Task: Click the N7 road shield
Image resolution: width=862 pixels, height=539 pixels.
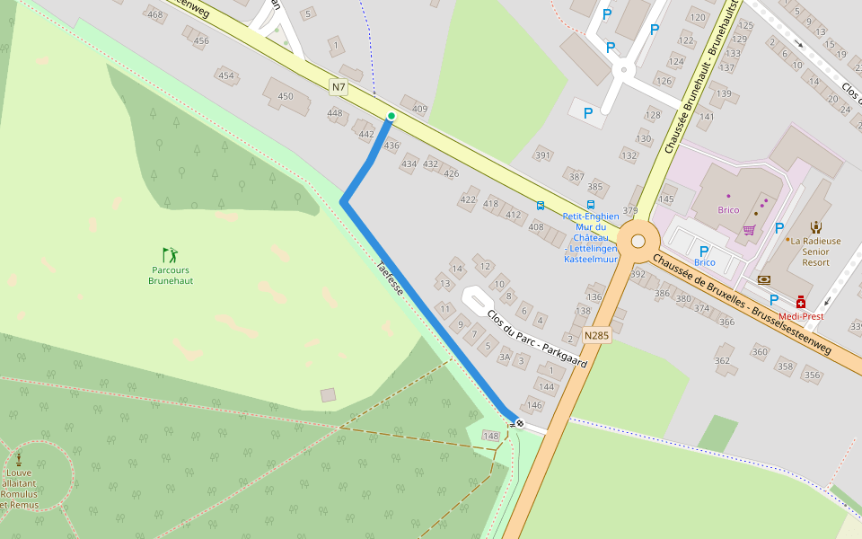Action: (x=338, y=87)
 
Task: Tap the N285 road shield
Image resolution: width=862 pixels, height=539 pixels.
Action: (x=596, y=335)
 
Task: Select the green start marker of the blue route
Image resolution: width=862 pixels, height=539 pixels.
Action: (x=391, y=117)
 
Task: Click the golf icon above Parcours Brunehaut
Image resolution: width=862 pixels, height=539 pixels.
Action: (x=170, y=255)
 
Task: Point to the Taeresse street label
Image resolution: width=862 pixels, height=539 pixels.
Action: (x=390, y=278)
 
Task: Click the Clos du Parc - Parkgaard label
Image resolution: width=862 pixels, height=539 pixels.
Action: (x=536, y=339)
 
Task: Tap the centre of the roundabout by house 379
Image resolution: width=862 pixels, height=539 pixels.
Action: (x=638, y=241)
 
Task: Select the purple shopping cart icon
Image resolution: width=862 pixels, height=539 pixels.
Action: (x=749, y=230)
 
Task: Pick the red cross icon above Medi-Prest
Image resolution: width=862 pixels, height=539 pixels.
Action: (x=801, y=303)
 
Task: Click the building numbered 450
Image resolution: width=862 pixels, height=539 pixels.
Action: (x=286, y=96)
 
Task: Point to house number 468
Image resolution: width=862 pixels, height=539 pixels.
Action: (x=155, y=14)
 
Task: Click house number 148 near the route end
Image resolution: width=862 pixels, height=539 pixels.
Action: (x=490, y=436)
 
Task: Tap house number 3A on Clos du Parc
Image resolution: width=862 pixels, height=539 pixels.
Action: (x=505, y=358)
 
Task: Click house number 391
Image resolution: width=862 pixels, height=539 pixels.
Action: (x=542, y=155)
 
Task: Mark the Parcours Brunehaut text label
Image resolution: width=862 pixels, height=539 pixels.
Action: (x=171, y=275)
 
